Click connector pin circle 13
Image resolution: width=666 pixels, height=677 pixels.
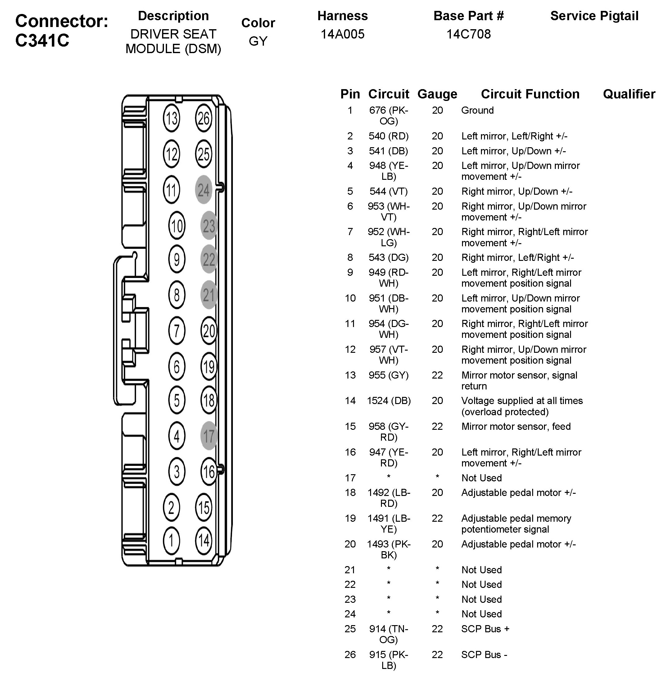(171, 118)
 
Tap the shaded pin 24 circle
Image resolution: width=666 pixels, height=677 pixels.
(204, 190)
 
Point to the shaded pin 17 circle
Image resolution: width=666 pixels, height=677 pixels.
(209, 436)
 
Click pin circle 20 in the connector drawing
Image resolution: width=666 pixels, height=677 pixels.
(209, 331)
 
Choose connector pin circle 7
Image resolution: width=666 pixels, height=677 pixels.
(177, 331)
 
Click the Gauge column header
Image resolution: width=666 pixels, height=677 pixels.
(437, 94)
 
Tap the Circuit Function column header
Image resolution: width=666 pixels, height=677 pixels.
(530, 94)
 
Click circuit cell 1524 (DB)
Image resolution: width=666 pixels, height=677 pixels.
(389, 401)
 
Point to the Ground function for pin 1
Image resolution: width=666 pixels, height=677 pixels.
(478, 110)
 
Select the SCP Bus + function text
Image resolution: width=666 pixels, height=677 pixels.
(485, 629)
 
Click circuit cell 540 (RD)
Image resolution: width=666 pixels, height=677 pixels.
(389, 136)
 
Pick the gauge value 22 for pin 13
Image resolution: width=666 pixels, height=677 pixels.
(437, 375)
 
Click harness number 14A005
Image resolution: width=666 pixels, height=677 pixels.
(342, 34)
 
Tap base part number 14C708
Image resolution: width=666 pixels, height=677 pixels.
(468, 34)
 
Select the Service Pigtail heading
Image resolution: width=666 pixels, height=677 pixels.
(594, 16)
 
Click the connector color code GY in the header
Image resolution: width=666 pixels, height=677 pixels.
(258, 41)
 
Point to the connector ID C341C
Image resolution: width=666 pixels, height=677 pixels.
(42, 40)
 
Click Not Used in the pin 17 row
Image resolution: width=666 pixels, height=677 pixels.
(481, 478)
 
